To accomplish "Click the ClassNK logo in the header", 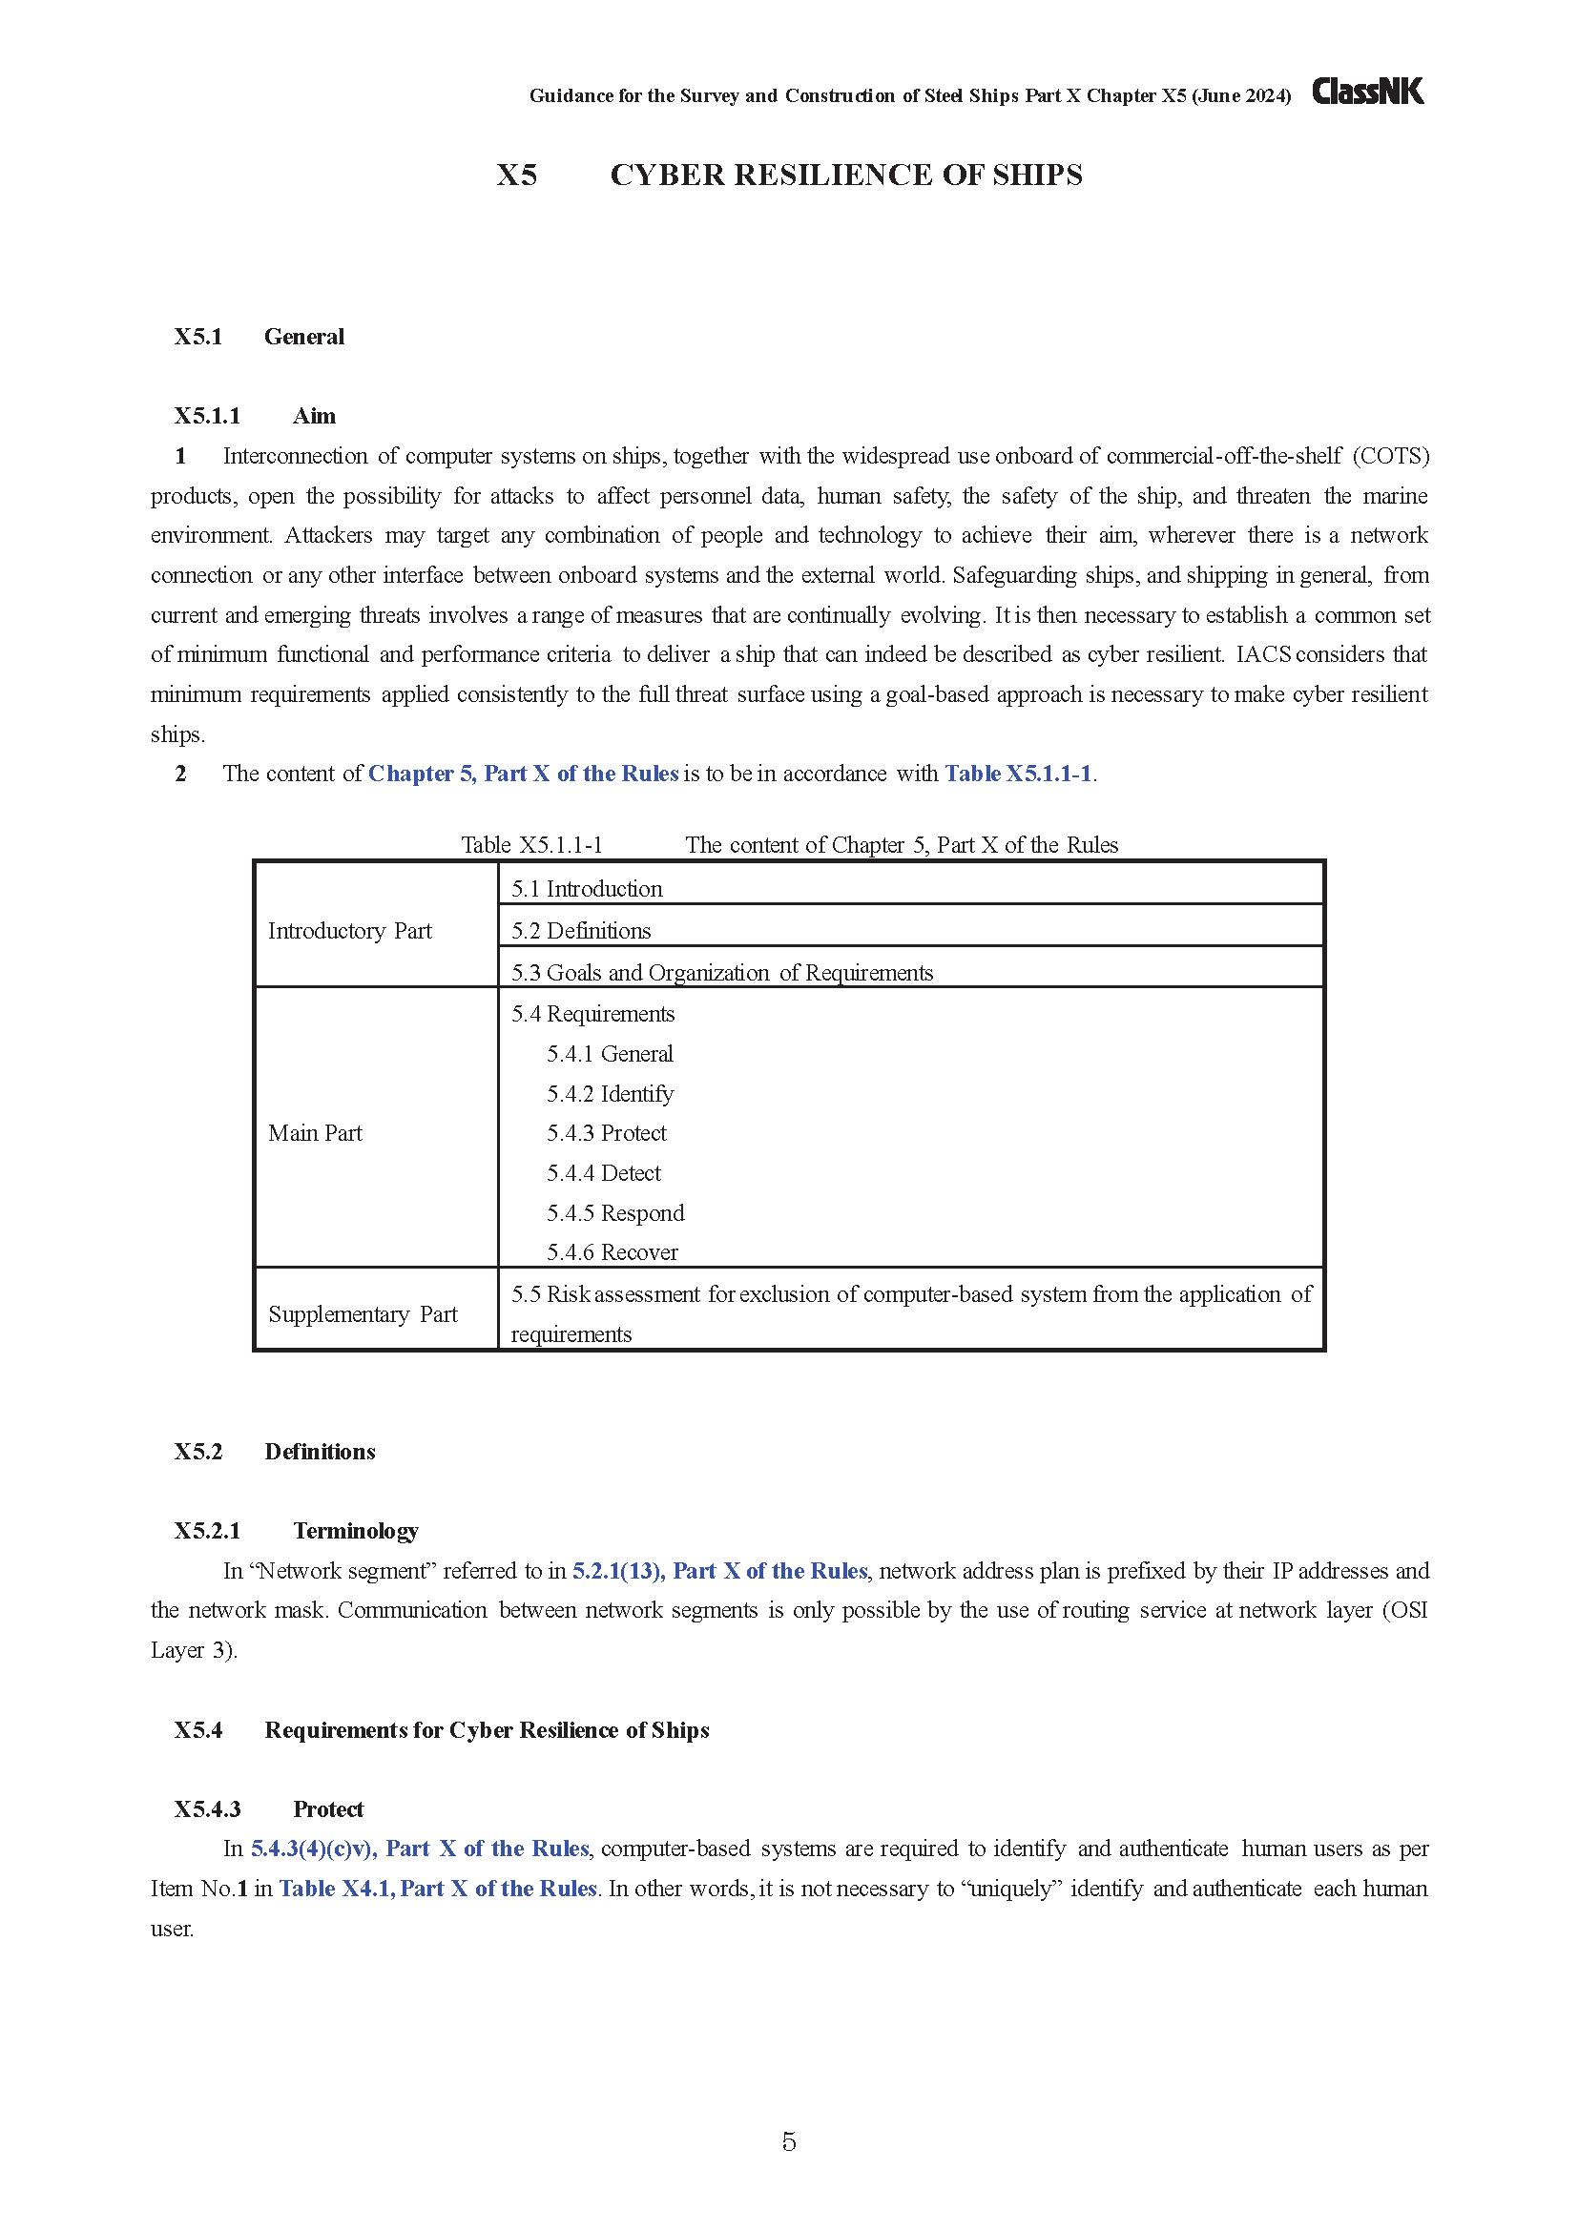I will tap(1367, 92).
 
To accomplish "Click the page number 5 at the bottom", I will tap(788, 2141).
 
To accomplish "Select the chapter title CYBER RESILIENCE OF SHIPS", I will tap(845, 175).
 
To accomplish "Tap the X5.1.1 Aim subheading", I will tap(255, 416).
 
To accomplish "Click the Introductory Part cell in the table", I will tap(350, 931).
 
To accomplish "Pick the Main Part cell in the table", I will tap(315, 1133).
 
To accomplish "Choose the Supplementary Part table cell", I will tap(363, 1314).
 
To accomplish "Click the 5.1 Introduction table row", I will tap(587, 889).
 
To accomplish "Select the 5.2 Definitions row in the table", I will tap(581, 931).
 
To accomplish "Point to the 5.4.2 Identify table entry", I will tap(610, 1094).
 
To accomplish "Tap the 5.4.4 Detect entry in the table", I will tap(603, 1174).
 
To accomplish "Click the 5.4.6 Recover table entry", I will tap(613, 1252).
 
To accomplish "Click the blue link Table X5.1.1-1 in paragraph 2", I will tap(1017, 774).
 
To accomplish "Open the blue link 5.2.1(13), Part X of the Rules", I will tap(719, 1571).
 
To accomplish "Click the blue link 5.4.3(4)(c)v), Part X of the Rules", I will tap(420, 1849).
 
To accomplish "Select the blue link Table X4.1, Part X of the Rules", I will tap(437, 1888).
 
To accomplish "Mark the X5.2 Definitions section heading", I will tap(275, 1452).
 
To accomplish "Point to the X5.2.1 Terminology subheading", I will tap(297, 1532).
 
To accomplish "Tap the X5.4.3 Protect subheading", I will tap(268, 1809).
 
